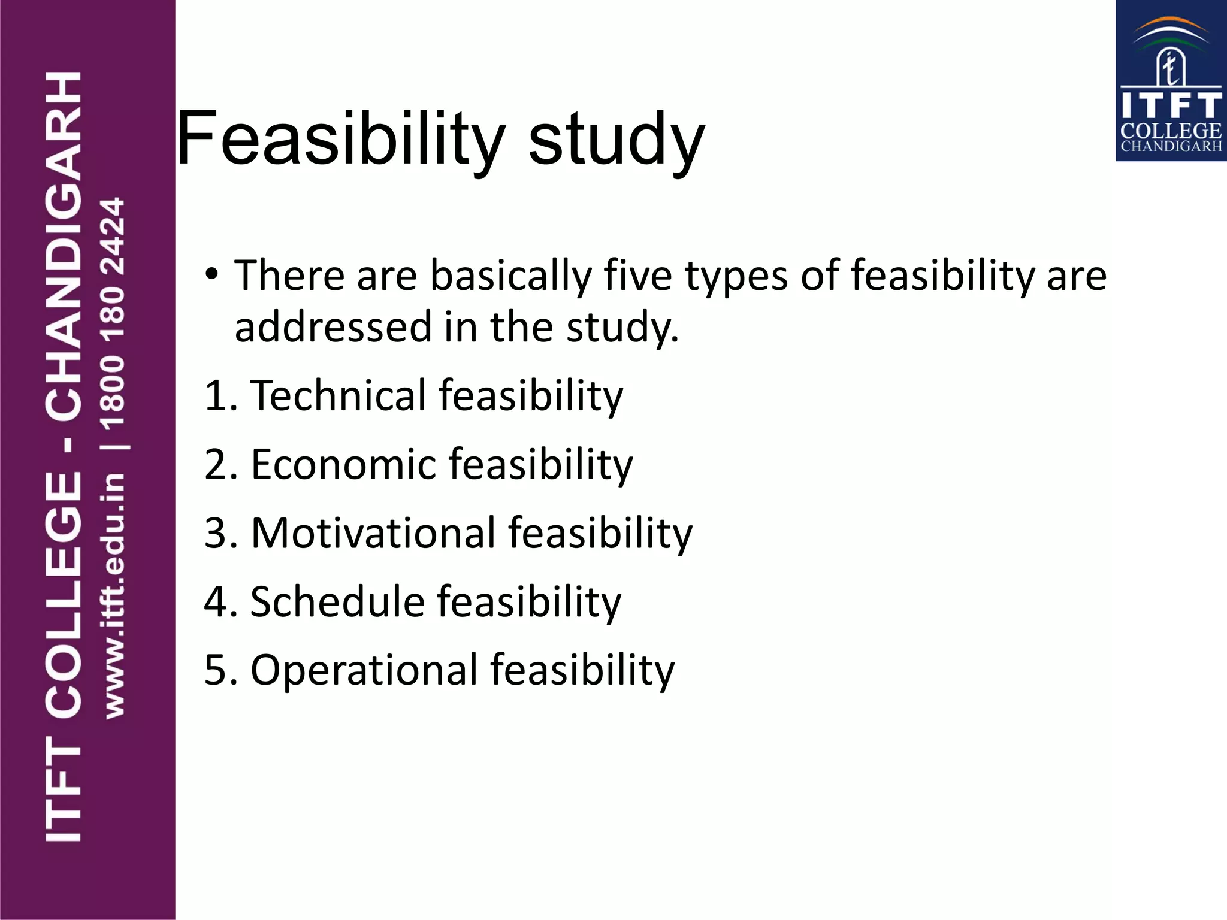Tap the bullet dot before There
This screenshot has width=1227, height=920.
click(211, 274)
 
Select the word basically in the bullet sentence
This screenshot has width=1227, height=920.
click(511, 276)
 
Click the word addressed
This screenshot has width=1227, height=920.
click(333, 327)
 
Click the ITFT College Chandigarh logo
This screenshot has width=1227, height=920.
click(1171, 81)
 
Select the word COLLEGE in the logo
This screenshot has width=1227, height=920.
click(1171, 131)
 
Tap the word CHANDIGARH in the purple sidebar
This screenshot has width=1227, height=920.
click(64, 246)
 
